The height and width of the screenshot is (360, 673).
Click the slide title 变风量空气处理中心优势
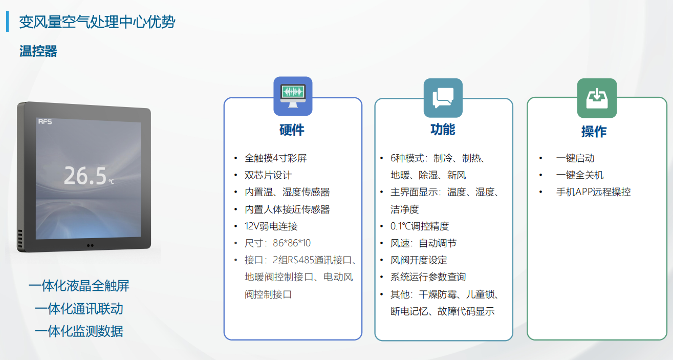coord(97,22)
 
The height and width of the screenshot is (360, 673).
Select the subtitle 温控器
coord(38,51)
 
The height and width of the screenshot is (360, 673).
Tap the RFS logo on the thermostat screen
coord(45,122)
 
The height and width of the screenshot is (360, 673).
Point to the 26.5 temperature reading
coord(85,176)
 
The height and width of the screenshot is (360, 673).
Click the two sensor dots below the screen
coord(90,245)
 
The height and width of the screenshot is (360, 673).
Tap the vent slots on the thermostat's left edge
coord(20,239)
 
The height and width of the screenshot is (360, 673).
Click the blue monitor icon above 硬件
coord(293,96)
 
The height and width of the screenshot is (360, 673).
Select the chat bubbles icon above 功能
coord(443,98)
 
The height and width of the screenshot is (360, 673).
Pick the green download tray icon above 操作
coord(597,98)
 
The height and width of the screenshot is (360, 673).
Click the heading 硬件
coord(292,130)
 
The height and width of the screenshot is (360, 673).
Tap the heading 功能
coord(443,130)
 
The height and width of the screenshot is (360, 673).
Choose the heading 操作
coord(594,132)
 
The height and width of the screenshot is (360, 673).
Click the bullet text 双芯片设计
coord(268,175)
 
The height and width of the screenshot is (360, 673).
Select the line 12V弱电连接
coord(271,226)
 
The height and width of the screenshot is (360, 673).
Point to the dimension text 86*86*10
coord(292,243)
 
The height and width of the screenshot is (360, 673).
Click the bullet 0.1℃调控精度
coord(420,226)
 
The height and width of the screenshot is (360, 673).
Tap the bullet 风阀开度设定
coord(419,260)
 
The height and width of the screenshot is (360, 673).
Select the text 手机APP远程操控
coord(593,192)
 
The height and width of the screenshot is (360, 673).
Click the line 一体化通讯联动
coord(79,309)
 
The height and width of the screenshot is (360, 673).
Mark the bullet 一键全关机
coord(580,175)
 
